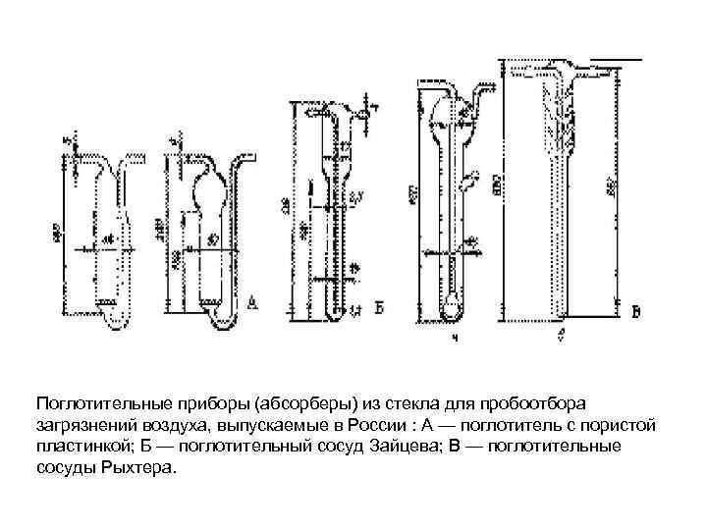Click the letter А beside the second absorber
tap(253, 303)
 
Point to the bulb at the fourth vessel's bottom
tap(451, 305)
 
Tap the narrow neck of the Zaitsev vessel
tap(326, 191)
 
